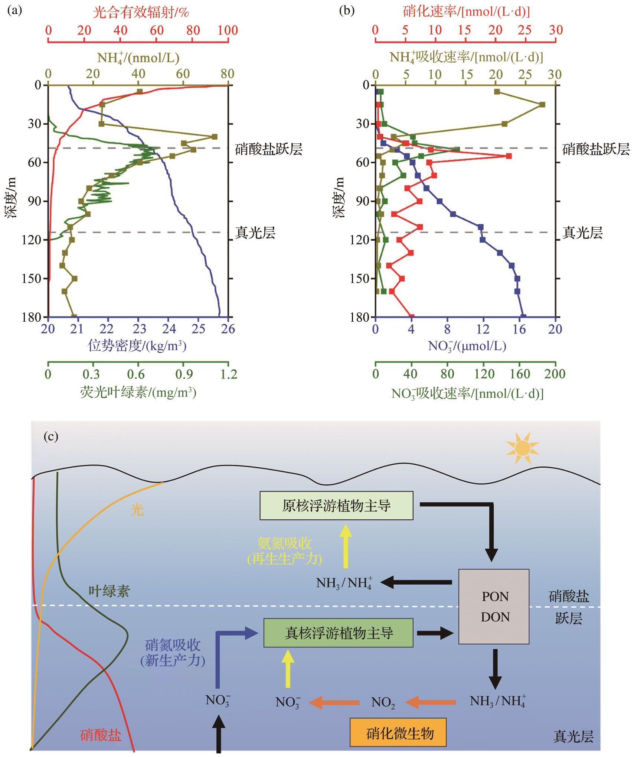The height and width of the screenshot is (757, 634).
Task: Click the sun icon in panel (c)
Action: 522,448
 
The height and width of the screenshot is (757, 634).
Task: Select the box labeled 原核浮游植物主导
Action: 336,506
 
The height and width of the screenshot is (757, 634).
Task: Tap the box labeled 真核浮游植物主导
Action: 338,633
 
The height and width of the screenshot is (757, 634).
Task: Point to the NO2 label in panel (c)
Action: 383,702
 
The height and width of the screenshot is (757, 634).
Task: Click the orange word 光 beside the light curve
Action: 137,510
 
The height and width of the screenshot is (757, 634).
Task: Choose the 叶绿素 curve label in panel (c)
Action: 109,590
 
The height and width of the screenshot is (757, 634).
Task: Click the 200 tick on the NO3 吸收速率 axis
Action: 555,374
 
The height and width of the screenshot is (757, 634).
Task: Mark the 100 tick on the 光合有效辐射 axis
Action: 228,30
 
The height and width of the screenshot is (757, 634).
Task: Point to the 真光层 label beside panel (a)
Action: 255,233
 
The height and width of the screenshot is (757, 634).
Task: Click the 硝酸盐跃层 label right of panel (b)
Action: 596,149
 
